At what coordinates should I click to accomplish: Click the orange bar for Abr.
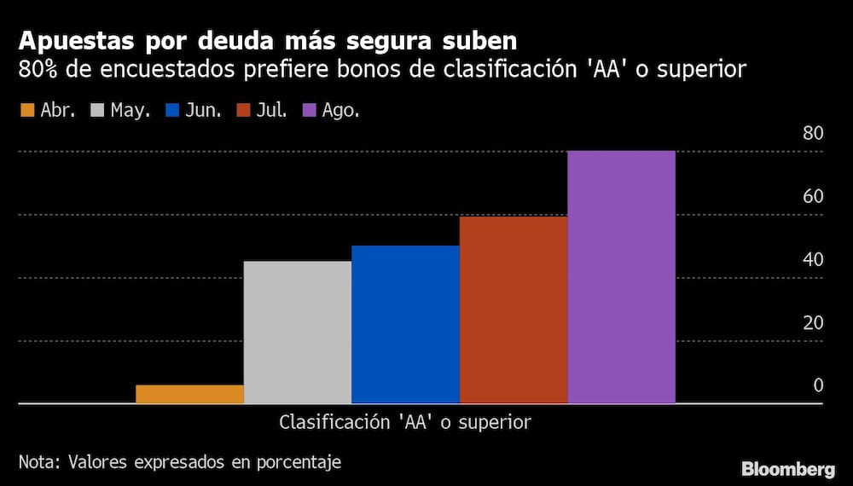pos(189,394)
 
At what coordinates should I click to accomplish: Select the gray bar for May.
pos(297,332)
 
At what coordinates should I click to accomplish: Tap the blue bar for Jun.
pos(405,324)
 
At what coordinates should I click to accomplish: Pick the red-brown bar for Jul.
pos(514,310)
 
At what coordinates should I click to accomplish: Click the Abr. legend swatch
pos(26,111)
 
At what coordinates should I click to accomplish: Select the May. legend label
pos(131,111)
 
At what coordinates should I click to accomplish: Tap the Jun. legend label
pos(203,111)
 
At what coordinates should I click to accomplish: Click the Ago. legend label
pos(340,111)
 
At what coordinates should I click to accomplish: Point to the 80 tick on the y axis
pos(812,134)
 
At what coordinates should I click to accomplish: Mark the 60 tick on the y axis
pos(812,197)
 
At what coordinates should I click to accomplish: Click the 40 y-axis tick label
pos(812,260)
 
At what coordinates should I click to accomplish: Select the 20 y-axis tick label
pos(812,323)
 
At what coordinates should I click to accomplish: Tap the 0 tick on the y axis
pos(817,386)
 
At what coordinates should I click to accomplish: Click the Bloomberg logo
pos(787,469)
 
